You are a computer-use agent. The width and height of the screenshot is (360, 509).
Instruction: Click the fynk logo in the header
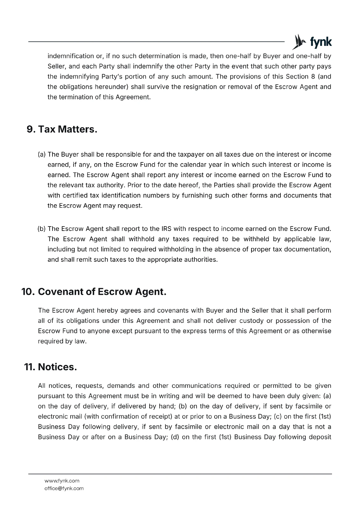click(312, 42)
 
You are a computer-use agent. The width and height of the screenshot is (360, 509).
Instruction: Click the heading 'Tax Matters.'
click(67, 129)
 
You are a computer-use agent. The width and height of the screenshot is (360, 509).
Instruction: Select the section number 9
click(31, 129)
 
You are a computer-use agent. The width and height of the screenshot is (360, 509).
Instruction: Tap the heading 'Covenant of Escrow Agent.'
click(102, 292)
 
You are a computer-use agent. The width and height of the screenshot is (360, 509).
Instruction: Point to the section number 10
click(28, 292)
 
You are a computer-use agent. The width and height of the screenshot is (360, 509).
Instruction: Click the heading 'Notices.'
click(57, 367)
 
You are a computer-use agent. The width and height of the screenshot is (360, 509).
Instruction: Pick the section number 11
click(29, 367)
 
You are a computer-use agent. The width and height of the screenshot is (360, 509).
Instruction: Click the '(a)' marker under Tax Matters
click(42, 155)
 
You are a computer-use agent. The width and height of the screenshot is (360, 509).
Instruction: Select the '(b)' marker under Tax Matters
click(42, 229)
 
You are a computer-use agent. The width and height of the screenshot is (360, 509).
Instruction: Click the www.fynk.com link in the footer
click(62, 481)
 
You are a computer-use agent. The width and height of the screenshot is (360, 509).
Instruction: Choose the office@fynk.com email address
click(64, 488)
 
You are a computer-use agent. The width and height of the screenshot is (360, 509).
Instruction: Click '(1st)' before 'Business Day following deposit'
click(225, 437)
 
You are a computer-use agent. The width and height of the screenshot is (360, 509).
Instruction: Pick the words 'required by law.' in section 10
click(62, 341)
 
